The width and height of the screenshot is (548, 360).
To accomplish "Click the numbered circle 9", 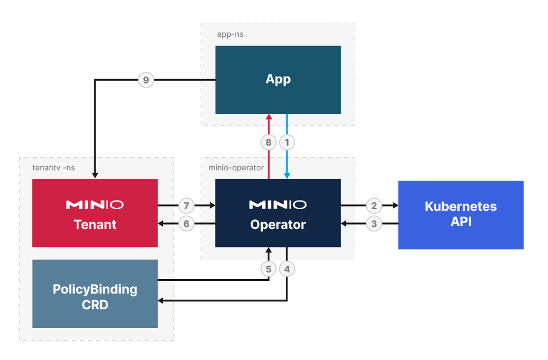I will (x=146, y=80).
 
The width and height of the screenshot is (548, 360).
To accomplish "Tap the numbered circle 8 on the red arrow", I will (x=269, y=143).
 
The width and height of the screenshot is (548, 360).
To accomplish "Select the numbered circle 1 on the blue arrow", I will (x=287, y=143).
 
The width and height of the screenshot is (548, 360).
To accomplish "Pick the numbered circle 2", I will (x=374, y=205).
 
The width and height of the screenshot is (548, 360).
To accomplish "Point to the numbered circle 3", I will (x=374, y=224).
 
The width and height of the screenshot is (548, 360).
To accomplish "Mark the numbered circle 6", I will (x=187, y=224).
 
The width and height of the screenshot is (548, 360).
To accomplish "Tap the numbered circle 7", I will (x=187, y=205).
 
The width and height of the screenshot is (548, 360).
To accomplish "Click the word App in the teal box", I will (x=278, y=79).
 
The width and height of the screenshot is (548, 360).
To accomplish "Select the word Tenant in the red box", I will (x=95, y=225).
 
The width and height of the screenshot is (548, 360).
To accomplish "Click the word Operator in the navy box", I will (x=278, y=225).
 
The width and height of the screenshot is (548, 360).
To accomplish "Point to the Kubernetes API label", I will (x=460, y=214).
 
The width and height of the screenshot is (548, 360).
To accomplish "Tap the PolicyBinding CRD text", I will (x=95, y=297).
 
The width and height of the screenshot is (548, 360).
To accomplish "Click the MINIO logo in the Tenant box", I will (x=95, y=205).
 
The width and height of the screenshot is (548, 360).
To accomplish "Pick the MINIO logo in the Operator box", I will (x=278, y=205).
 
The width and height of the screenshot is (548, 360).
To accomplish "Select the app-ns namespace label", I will (x=230, y=34).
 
